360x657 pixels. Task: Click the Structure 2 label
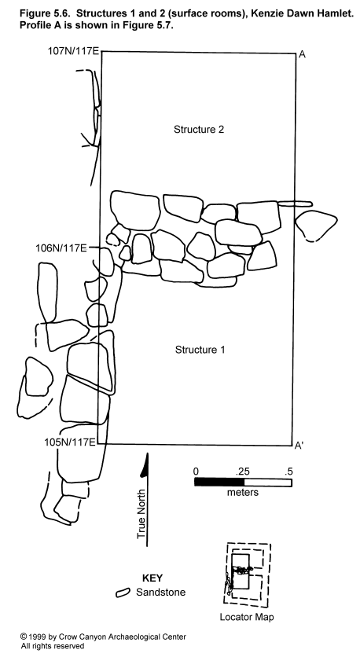(199, 130)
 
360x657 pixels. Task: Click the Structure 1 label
(200, 350)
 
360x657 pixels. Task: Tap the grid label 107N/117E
(72, 52)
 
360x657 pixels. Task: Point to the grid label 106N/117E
(61, 248)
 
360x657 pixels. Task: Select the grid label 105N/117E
(70, 442)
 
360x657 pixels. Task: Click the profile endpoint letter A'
(299, 446)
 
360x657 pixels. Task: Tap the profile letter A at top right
(301, 54)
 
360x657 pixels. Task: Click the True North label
(141, 514)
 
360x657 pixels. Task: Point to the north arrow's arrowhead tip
(147, 453)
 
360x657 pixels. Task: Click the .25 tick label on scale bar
(243, 471)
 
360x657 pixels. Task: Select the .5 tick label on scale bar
(288, 471)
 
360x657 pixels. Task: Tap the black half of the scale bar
(219, 482)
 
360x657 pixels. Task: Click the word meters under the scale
(243, 492)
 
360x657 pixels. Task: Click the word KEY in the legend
(152, 578)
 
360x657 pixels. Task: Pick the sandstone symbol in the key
(123, 593)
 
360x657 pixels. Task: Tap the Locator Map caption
(247, 617)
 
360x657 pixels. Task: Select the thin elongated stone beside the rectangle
(295, 204)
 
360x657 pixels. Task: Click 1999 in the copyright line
(37, 637)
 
